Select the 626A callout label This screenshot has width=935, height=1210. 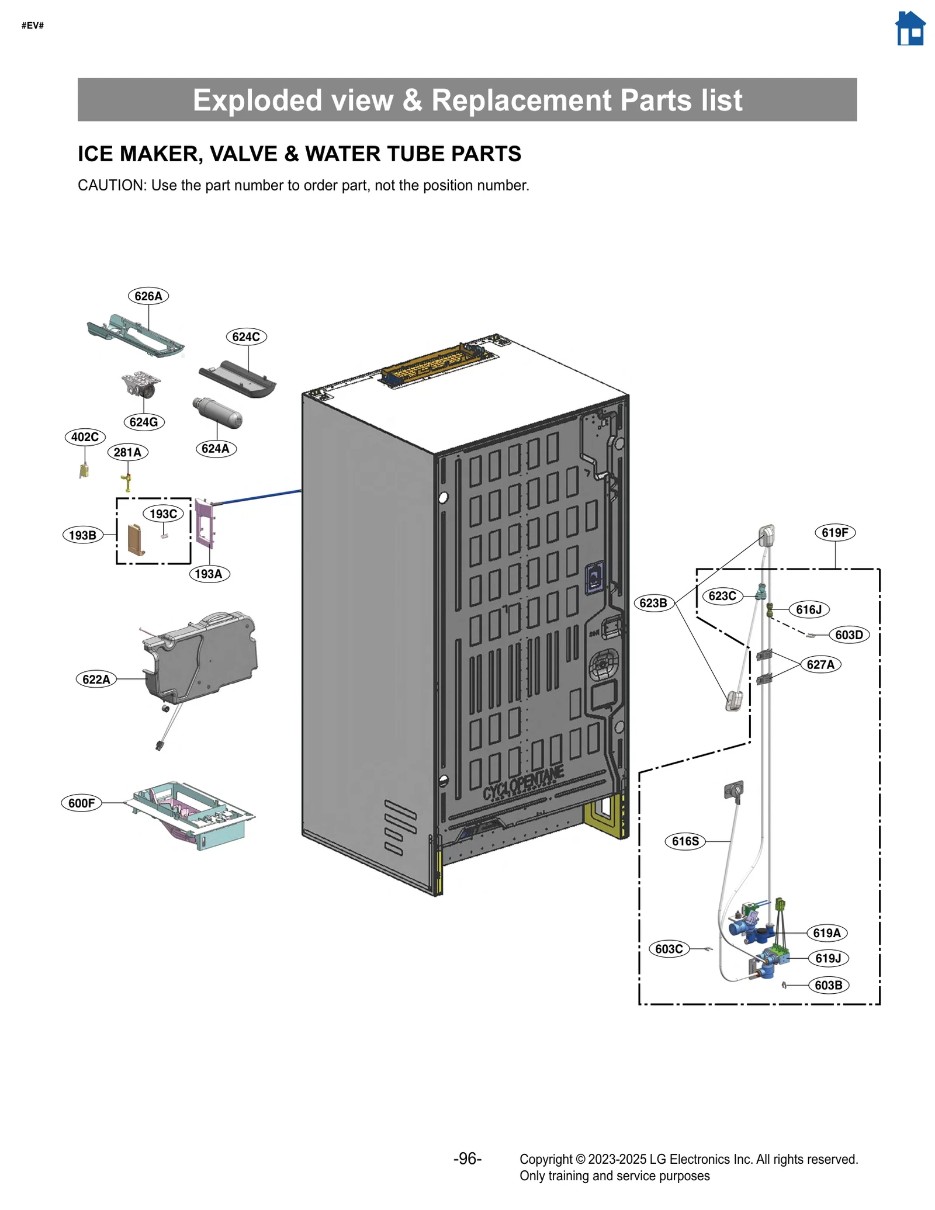pos(148,296)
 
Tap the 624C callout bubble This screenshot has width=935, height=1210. pos(246,337)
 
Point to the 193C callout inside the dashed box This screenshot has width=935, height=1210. pos(163,514)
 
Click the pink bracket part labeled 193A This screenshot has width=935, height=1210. pos(205,523)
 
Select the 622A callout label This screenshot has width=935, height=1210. pos(96,679)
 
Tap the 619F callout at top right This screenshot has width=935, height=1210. pos(834,533)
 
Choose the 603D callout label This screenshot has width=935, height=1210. pos(849,635)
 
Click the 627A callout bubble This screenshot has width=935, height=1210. pos(820,665)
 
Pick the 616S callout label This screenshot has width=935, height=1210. pos(685,842)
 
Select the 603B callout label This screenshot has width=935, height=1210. pos(828,986)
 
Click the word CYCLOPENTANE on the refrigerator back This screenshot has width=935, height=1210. pos(523,783)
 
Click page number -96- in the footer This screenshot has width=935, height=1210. pos(467,1159)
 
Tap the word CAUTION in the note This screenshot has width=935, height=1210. pos(111,186)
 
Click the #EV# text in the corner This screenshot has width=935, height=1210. pos(33,26)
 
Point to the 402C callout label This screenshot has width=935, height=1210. pos(85,437)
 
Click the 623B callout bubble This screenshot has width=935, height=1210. pos(653,603)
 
